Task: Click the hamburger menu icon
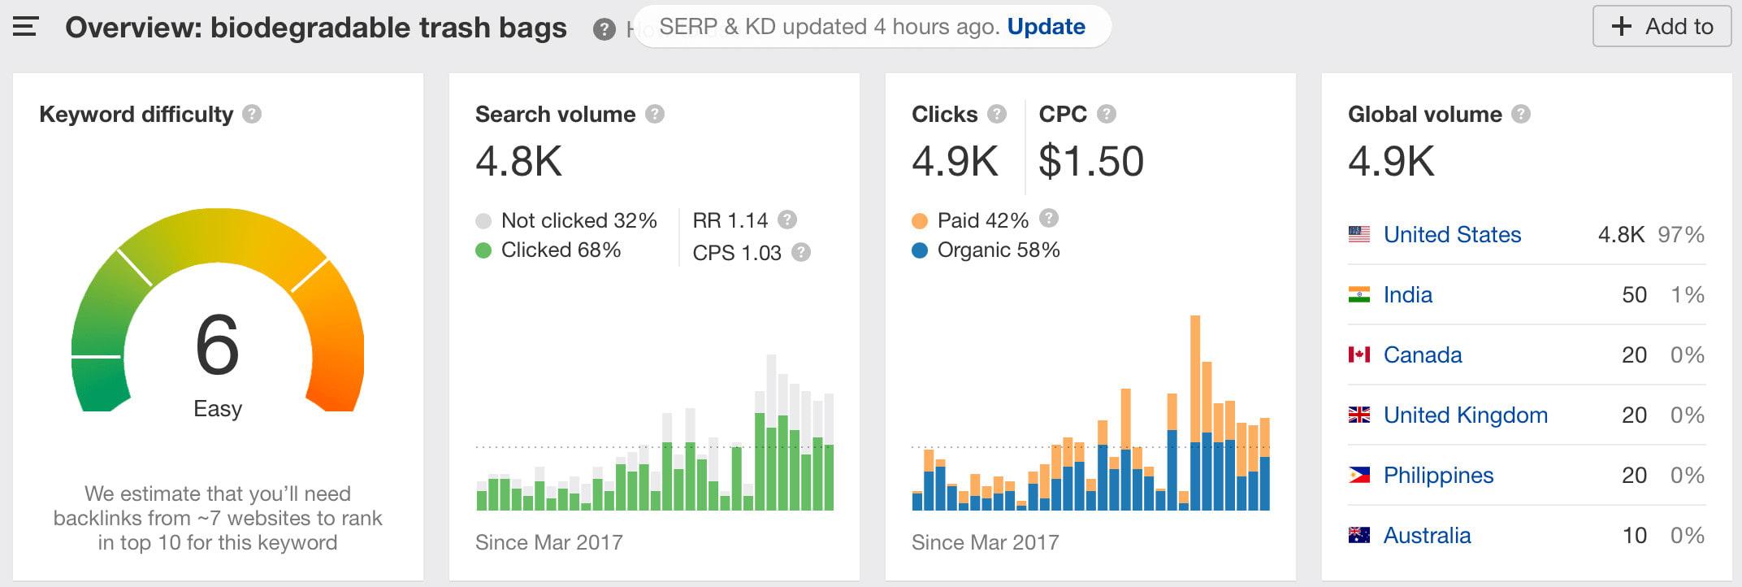pyautogui.click(x=26, y=27)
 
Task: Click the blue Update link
pyautogui.click(x=1046, y=27)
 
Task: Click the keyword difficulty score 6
pyautogui.click(x=218, y=346)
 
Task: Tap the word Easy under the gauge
pyautogui.click(x=218, y=408)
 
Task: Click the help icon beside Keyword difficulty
pyautogui.click(x=252, y=114)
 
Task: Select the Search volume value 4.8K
pyautogui.click(x=518, y=161)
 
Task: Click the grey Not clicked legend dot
pyautogui.click(x=483, y=220)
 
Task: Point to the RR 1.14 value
pyautogui.click(x=730, y=220)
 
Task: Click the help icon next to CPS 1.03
pyautogui.click(x=801, y=252)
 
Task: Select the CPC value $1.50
pyautogui.click(x=1090, y=161)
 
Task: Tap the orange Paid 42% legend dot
pyautogui.click(x=920, y=220)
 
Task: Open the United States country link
pyautogui.click(x=1452, y=235)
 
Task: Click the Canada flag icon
pyautogui.click(x=1359, y=354)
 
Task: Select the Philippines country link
pyautogui.click(x=1438, y=476)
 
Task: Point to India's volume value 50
pyautogui.click(x=1634, y=295)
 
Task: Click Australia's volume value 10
pyautogui.click(x=1634, y=536)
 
